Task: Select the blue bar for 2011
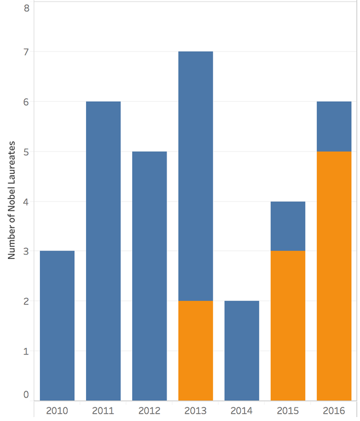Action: tap(103, 250)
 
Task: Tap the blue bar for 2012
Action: tap(149, 276)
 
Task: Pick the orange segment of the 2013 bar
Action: tap(195, 350)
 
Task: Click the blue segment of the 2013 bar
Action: tap(195, 176)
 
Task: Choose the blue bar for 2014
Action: tap(241, 350)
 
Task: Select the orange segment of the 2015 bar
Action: tap(287, 325)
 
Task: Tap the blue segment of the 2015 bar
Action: tap(287, 226)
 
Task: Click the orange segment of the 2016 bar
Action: tap(334, 276)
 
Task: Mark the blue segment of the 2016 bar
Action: tap(334, 126)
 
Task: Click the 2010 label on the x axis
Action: tap(57, 410)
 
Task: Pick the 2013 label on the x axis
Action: tap(195, 410)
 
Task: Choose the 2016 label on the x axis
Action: tap(334, 410)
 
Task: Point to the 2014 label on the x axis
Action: tap(241, 410)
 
